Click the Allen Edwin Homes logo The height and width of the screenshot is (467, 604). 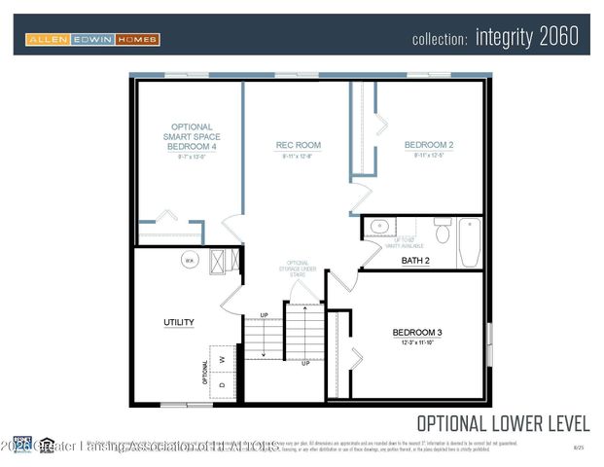pos(92,40)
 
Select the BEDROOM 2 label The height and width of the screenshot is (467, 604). pos(429,146)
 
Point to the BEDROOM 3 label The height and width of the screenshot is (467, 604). pos(416,333)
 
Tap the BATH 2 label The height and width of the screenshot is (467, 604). pos(415,261)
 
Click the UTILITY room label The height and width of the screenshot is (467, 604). pos(178,322)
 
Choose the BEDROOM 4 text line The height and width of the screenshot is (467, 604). pos(192,147)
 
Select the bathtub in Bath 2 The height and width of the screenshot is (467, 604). pos(470,242)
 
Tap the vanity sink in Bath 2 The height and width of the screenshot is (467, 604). pos(379,229)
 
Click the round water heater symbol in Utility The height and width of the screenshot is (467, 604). pos(189,260)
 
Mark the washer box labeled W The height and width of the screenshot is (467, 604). pos(223,358)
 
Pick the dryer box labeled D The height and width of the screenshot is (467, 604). pos(223,385)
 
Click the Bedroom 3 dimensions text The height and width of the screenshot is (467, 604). pos(416,343)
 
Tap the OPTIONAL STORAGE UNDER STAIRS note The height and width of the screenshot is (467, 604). pos(299,269)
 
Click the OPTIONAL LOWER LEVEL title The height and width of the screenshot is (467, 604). pos(503,423)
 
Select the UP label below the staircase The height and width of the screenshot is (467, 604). pos(305,363)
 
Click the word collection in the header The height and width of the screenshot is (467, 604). pos(440,39)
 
